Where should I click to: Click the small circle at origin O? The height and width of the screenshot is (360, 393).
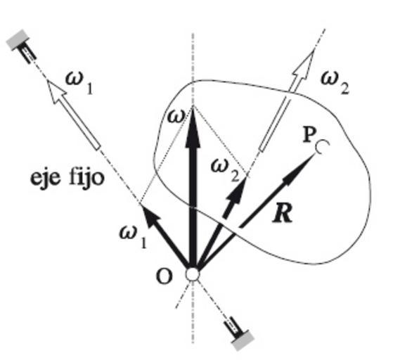tap(193, 274)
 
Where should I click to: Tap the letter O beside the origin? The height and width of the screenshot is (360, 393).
tap(165, 277)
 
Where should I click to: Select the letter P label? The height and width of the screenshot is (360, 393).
tap(309, 136)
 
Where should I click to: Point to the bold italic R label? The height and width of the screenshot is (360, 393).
tap(283, 214)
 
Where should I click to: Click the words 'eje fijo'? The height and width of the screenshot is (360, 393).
tap(67, 178)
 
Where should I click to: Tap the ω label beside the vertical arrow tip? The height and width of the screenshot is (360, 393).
tap(176, 117)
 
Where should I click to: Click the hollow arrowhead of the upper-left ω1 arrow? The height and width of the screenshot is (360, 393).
tap(56, 91)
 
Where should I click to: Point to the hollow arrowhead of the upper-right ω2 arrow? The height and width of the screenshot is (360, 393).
tap(304, 65)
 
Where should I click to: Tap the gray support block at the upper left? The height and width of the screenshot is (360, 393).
tap(18, 39)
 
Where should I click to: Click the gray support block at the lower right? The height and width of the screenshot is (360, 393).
tap(243, 340)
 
